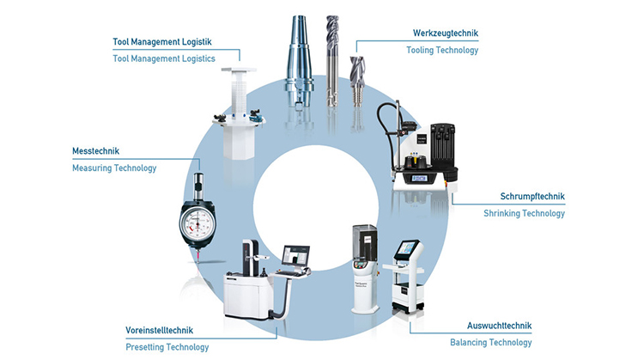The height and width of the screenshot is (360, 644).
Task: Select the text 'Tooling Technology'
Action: (x=442, y=51)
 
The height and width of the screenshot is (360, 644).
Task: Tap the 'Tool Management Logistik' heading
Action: (x=162, y=41)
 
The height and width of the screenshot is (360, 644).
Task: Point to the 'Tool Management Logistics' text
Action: (x=164, y=58)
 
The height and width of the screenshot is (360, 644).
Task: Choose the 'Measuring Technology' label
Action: (x=115, y=168)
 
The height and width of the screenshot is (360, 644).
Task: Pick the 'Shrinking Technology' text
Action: (x=524, y=214)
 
